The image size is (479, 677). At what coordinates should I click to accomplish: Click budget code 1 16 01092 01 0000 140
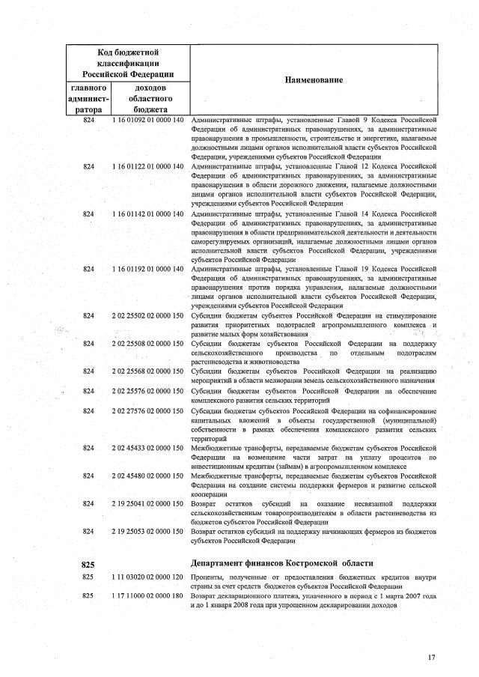pyautogui.click(x=147, y=120)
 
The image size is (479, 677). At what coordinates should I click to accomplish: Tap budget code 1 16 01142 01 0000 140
pyautogui.click(x=147, y=213)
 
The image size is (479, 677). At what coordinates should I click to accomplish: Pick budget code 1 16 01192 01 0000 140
pyautogui.click(x=147, y=268)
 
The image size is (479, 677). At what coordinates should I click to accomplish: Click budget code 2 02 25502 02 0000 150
pyautogui.click(x=147, y=315)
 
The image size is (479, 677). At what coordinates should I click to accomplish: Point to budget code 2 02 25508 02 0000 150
pyautogui.click(x=147, y=343)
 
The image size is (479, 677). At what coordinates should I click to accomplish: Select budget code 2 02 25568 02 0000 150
pyautogui.click(x=147, y=371)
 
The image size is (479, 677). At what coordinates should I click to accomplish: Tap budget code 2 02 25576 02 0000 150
pyautogui.click(x=147, y=389)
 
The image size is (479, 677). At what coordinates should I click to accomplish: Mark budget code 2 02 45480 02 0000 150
pyautogui.click(x=147, y=475)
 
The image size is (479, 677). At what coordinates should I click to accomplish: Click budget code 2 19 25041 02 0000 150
pyautogui.click(x=147, y=503)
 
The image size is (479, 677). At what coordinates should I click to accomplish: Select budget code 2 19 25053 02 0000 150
pyautogui.click(x=147, y=530)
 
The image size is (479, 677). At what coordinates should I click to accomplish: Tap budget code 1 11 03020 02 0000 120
pyautogui.click(x=147, y=578)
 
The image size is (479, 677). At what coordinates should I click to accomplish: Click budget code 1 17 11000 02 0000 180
pyautogui.click(x=147, y=596)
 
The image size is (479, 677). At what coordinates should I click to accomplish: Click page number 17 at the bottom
pyautogui.click(x=431, y=657)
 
